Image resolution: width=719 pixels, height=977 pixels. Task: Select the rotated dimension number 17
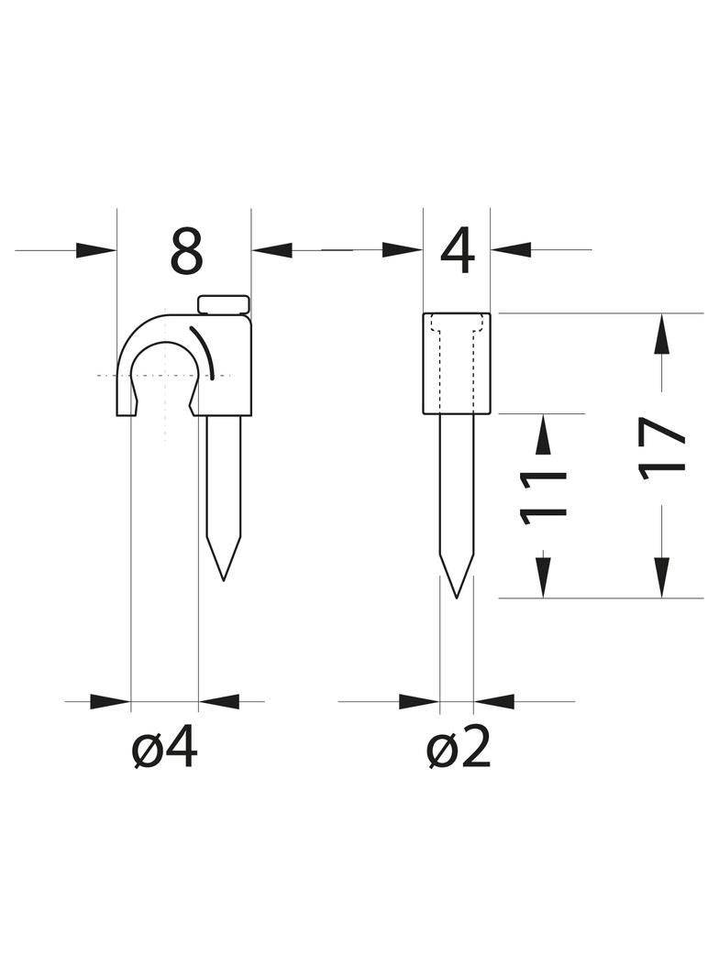662,448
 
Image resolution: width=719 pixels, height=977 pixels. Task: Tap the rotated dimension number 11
543,496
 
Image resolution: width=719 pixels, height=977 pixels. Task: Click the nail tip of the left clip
223,580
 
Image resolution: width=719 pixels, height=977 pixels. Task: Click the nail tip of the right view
457,598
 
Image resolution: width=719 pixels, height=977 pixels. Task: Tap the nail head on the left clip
223,304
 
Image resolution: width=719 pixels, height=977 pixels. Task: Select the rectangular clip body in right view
457,363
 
